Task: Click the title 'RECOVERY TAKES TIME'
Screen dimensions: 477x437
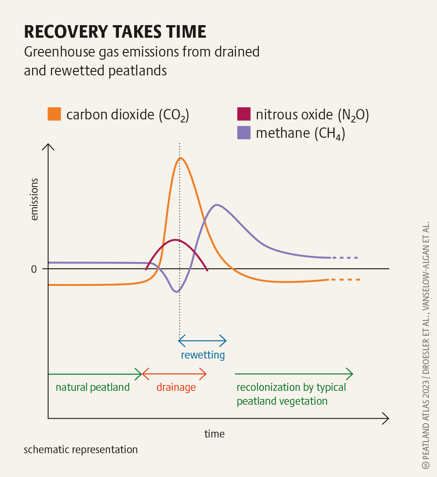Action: coord(115,32)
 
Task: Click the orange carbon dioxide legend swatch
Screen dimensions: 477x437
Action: coord(54,114)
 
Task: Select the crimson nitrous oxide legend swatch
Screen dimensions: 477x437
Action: coord(243,114)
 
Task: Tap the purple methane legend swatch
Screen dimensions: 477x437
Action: coord(243,133)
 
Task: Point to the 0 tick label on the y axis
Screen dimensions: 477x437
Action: coord(34,269)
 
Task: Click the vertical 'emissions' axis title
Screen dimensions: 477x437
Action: coord(35,200)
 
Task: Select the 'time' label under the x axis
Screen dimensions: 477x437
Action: coord(214,434)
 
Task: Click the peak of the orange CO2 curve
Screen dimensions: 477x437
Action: coord(180,158)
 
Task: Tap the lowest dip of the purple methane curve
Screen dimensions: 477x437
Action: coord(176,292)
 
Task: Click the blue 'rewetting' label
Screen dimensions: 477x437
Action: coord(203,355)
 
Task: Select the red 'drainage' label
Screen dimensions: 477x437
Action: coord(176,387)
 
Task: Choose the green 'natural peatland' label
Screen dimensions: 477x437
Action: coord(92,387)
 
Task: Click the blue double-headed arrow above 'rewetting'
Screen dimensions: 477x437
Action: coord(202,341)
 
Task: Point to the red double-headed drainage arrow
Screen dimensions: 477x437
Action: coord(174,373)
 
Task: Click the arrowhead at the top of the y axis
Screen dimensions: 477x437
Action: coord(48,146)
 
